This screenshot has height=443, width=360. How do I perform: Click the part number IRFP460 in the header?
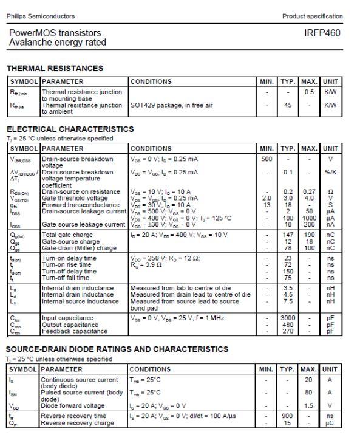coord(322,33)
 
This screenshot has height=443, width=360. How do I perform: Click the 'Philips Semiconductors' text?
coord(42,16)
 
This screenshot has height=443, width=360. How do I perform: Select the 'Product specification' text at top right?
coord(312,16)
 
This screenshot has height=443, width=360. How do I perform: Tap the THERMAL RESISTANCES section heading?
coord(55,68)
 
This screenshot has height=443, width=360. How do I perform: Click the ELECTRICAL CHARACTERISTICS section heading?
coord(70,129)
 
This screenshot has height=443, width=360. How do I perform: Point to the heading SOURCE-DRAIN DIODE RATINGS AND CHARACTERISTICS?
coord(117,349)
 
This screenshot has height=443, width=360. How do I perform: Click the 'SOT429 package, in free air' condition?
coord(171,105)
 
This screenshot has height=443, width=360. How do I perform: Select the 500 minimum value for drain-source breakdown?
coord(266,159)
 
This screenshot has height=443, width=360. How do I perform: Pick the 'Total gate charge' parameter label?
coord(67,235)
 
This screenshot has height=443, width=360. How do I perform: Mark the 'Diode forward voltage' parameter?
coord(72,406)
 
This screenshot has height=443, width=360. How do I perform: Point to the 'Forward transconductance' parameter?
coord(80,205)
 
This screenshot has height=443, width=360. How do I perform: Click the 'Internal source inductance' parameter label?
coord(80,301)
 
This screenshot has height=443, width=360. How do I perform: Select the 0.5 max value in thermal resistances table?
coord(309,92)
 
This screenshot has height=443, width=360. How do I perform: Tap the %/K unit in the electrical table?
coord(330,172)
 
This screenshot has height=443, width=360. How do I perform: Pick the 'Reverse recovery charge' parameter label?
coord(77,423)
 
